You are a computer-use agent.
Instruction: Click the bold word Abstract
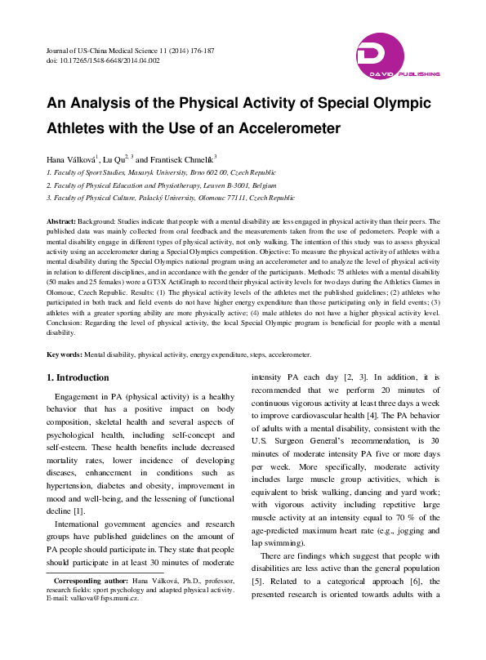tap(60, 221)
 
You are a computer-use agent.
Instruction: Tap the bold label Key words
tap(64, 355)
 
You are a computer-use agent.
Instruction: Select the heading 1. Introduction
tap(78, 377)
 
